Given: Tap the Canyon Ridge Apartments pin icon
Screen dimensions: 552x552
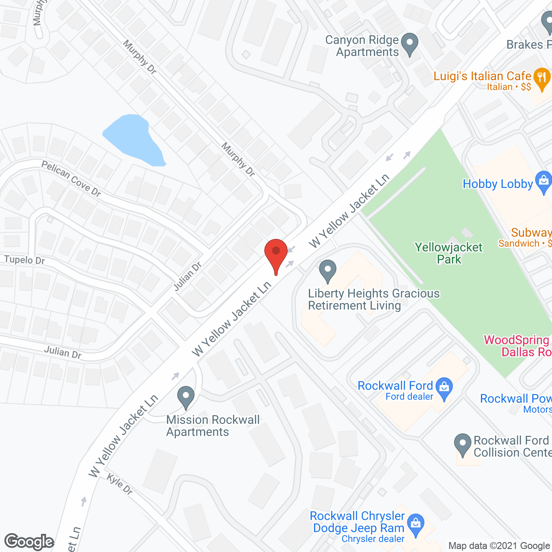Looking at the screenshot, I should click(410, 44).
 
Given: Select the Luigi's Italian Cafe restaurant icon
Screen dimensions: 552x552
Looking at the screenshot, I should click(542, 78).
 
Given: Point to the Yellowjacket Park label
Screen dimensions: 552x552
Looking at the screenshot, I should click(449, 253).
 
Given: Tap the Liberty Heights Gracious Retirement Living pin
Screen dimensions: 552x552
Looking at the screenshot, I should click(328, 270).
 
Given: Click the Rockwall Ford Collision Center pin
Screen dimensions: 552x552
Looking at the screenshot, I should click(463, 444).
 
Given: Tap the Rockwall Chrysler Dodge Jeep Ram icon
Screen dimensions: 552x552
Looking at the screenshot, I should click(416, 524).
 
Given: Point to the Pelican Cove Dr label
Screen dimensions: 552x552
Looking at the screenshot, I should click(71, 179).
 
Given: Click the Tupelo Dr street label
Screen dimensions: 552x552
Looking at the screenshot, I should click(25, 260).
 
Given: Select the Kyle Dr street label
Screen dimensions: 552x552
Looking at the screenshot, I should click(119, 484).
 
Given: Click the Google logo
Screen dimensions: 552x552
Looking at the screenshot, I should click(29, 542).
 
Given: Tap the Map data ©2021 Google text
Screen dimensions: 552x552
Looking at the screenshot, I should click(499, 546).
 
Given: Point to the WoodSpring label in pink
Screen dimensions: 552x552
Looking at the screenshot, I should click(517, 340).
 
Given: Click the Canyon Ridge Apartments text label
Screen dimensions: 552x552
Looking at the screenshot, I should click(362, 46).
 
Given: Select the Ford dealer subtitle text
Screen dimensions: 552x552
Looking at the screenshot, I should click(409, 397).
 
